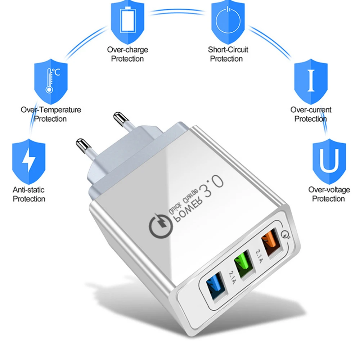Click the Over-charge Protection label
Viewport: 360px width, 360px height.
tap(127, 54)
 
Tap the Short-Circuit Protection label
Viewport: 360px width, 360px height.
tap(228, 54)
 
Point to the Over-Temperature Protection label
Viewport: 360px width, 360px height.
tap(51, 114)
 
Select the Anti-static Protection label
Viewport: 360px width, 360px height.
tap(29, 194)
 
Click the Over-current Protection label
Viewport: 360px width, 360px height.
tap(311, 114)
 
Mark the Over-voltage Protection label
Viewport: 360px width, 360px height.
tap(328, 194)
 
